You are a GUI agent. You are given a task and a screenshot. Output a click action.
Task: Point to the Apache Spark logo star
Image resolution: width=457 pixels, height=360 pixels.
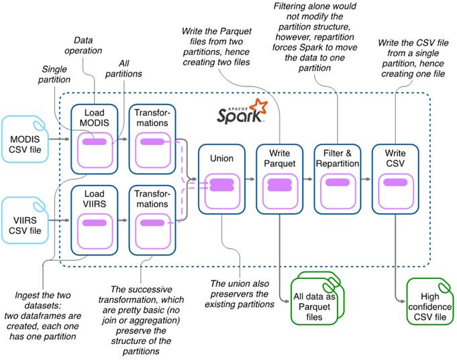(x=257, y=107)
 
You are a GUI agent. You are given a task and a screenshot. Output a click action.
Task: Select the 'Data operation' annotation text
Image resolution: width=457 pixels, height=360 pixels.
(x=88, y=45)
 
